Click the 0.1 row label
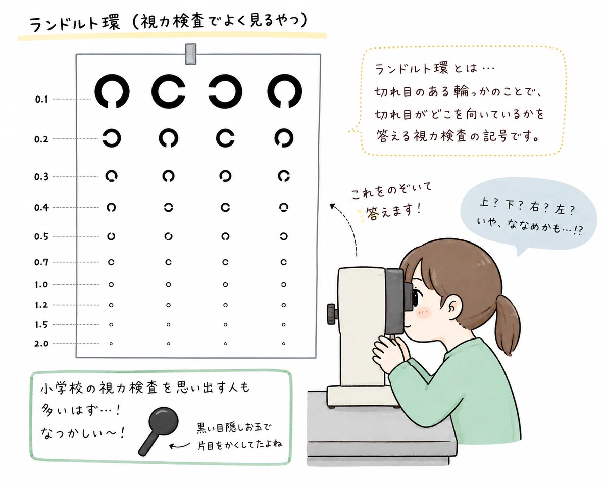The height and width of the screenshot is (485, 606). pyautogui.click(x=41, y=99)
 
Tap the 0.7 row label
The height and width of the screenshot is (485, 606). pyautogui.click(x=41, y=262)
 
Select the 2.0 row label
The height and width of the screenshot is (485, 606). pyautogui.click(x=41, y=344)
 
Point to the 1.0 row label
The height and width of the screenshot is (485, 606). pyautogui.click(x=41, y=285)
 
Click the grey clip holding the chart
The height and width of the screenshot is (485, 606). pyautogui.click(x=191, y=54)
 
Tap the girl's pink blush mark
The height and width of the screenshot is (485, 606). pyautogui.click(x=424, y=313)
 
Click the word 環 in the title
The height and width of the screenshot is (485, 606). pyautogui.click(x=111, y=23)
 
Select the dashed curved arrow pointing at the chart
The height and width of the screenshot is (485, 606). pyautogui.click(x=351, y=225)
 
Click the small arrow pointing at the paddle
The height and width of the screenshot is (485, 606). pyautogui.click(x=179, y=446)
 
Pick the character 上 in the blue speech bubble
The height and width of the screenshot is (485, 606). pyautogui.click(x=484, y=202)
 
